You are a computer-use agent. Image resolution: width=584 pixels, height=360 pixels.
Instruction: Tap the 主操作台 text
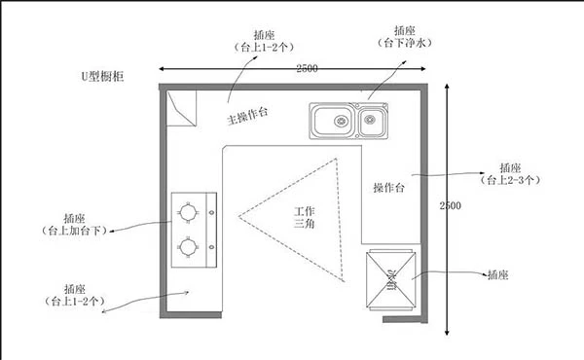click(248, 116)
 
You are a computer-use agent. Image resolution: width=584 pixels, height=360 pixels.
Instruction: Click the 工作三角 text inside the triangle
click(305, 217)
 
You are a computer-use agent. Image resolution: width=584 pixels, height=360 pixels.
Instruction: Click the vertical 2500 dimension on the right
click(450, 206)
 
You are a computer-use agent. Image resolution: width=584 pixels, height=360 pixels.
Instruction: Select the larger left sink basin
click(334, 122)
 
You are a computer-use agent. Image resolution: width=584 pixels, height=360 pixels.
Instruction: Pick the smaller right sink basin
click(370, 122)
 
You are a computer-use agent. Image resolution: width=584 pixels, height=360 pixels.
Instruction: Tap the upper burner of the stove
click(188, 210)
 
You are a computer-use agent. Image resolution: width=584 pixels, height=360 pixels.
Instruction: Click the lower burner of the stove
click(188, 247)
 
